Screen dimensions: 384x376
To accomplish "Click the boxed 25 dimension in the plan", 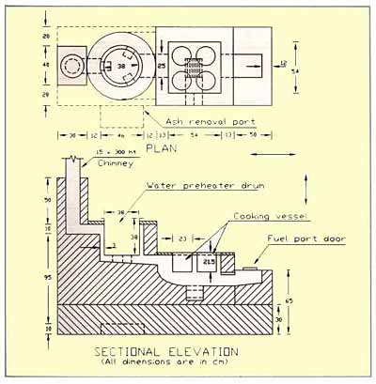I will pyautogui.click(x=162, y=66).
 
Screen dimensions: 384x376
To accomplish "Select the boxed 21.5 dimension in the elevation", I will pyautogui.click(x=210, y=263).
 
